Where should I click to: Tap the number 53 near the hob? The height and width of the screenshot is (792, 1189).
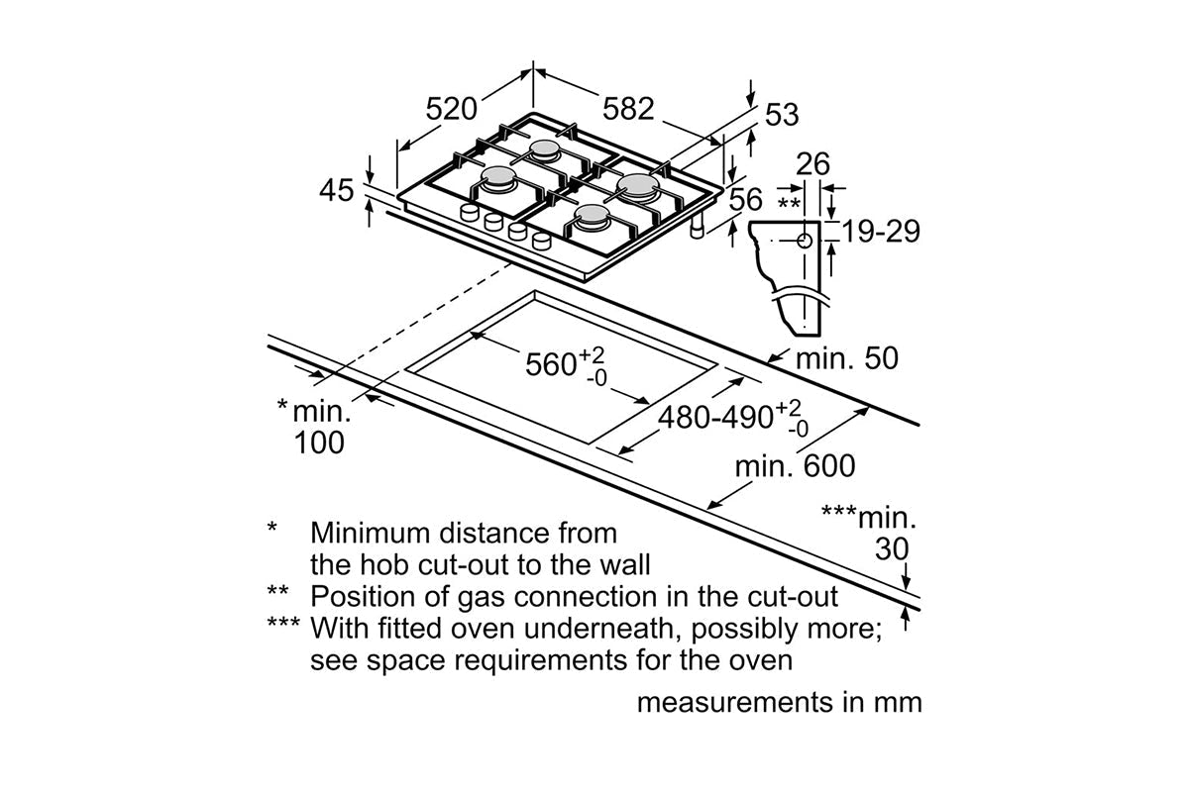[x=782, y=115]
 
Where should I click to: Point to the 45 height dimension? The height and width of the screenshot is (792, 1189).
[x=338, y=190]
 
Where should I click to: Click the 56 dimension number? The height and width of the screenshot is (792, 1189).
[x=746, y=200]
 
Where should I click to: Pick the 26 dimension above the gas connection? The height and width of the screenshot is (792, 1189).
[x=812, y=164]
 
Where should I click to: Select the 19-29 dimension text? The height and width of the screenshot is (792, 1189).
[x=882, y=232]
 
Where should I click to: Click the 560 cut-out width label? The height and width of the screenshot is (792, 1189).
[x=552, y=364]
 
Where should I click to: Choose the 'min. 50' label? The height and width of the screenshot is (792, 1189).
[x=847, y=358]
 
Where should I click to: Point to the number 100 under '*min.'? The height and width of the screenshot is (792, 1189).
[x=319, y=443]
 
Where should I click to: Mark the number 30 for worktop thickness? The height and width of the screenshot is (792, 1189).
[x=892, y=549]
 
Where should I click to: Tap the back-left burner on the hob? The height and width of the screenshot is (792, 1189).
[x=545, y=151]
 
